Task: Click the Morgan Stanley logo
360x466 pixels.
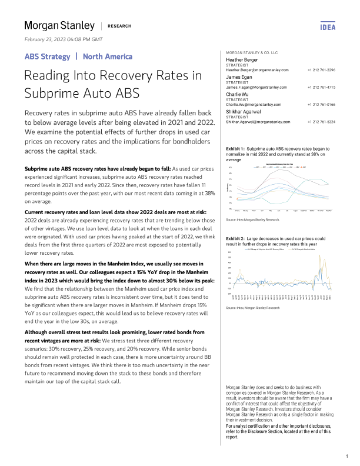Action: (59, 25)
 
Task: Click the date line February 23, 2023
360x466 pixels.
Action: (63, 39)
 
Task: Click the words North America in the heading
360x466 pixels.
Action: (108, 56)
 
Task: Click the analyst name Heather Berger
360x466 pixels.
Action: (242, 59)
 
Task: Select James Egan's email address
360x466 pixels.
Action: (257, 87)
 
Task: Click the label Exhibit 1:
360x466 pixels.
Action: (235, 149)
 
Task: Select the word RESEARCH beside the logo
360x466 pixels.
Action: (119, 26)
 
